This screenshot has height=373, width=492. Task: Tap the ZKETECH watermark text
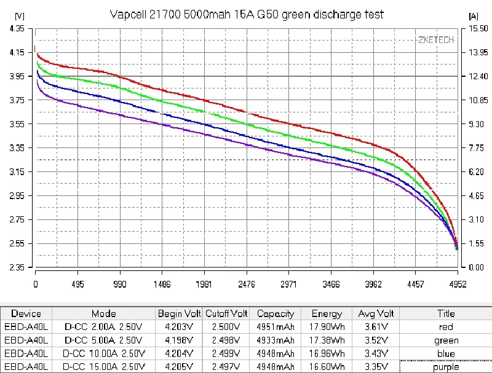point(436,40)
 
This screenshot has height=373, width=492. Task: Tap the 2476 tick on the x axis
point(246,285)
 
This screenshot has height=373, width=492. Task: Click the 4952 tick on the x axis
point(457,285)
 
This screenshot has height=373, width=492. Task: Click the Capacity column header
point(276,313)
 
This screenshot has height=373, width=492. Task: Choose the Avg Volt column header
point(375,313)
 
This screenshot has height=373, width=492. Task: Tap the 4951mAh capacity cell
point(276,327)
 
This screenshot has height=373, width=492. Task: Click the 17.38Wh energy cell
point(327,340)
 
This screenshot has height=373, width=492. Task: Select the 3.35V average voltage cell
point(375,367)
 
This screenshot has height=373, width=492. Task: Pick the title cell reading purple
point(446,367)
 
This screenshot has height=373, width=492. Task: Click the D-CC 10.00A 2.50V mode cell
point(104,353)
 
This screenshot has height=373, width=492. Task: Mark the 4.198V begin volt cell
point(178,340)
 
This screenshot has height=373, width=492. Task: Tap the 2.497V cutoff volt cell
point(226,367)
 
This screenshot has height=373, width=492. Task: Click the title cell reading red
point(446,327)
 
